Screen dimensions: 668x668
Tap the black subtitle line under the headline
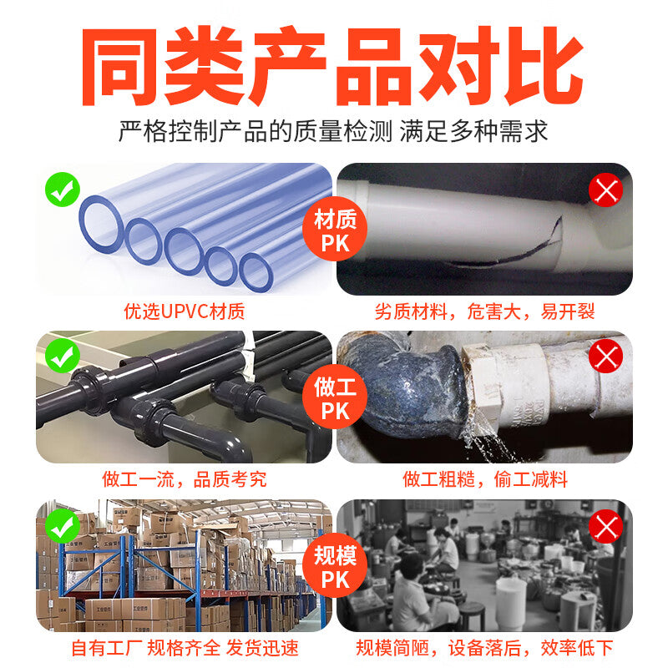click(332, 131)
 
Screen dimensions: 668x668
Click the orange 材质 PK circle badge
click(335, 229)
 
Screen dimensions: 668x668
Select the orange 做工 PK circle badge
click(335, 397)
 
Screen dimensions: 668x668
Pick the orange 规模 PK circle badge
click(335, 565)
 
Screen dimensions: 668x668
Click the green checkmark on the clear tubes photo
click(62, 190)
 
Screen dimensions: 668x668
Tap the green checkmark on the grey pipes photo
click(62, 356)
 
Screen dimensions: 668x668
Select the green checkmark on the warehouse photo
click(62, 525)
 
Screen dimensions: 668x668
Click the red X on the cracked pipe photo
click(606, 190)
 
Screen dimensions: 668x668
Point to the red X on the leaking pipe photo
click(606, 356)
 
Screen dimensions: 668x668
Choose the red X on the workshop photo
click(606, 526)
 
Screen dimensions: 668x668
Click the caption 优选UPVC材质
click(185, 311)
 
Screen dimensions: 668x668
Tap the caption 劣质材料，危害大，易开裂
click(485, 311)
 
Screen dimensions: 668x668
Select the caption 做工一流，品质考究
click(185, 479)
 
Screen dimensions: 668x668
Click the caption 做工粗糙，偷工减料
click(485, 479)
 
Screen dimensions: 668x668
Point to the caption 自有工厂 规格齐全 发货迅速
click(185, 648)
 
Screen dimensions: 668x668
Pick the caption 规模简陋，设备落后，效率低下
click(485, 648)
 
